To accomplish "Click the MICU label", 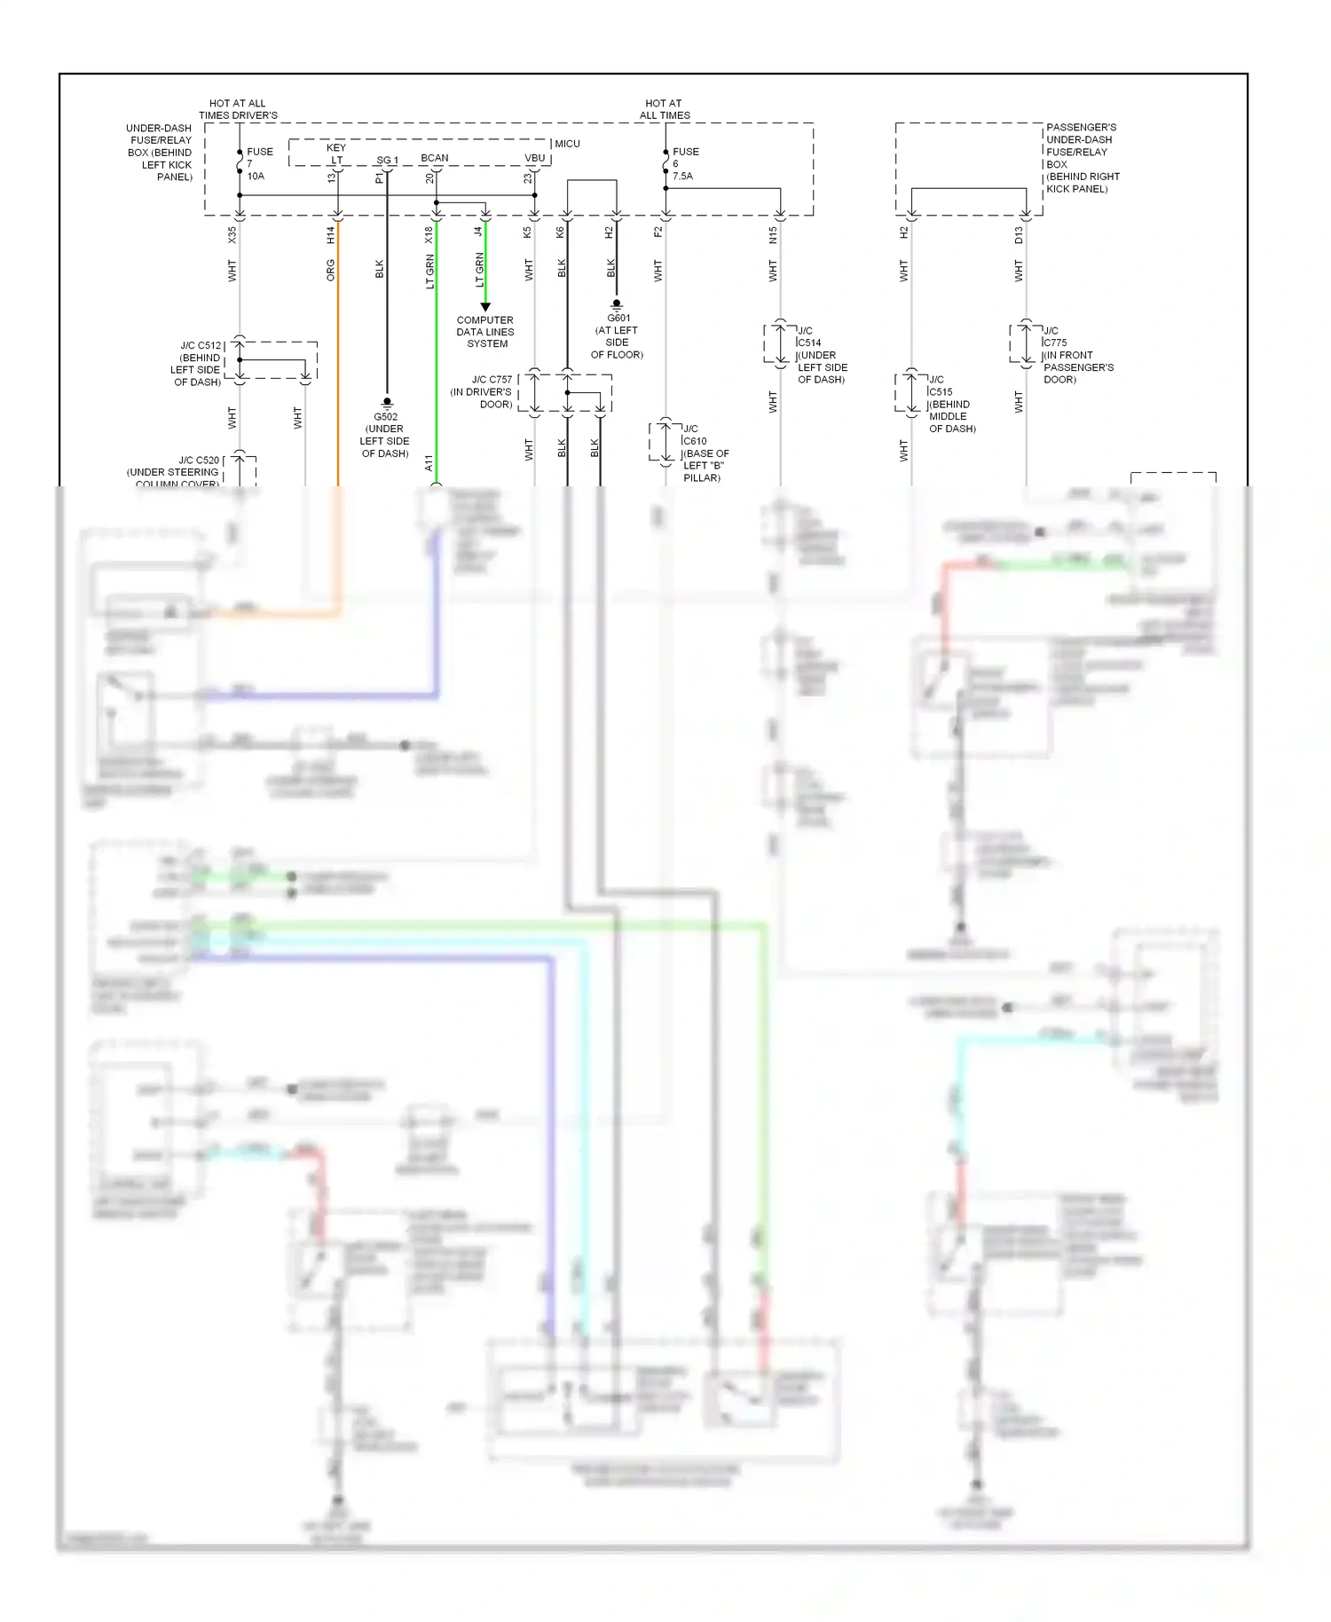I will coord(567,144).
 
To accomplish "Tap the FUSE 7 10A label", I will coord(258,163).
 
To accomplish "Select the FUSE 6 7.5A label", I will coord(684,163).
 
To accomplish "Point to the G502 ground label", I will coord(385,435).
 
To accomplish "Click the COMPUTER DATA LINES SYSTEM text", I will coord(485,332).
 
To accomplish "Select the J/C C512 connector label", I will coord(197,364).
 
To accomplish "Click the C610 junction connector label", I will coord(705,453).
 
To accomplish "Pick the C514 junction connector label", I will coord(821,355).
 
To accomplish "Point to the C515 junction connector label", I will coord(951,404).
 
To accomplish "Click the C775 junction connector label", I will coord(1076,355).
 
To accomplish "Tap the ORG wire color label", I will coord(331,270).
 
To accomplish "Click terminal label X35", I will coord(232,235).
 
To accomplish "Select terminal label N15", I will coord(773,235).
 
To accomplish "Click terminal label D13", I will coord(1019,235).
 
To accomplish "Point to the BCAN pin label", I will coord(435,158).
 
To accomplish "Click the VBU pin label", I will coord(535,158).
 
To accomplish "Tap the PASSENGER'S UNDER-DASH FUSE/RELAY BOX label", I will coord(1082,158).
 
